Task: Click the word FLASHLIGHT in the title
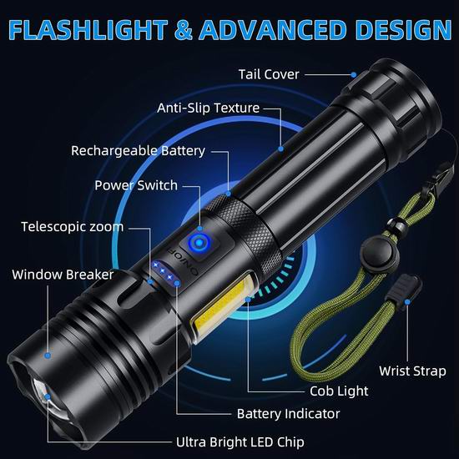tap(88, 30)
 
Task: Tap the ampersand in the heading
tap(184, 30)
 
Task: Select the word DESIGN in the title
tap(404, 30)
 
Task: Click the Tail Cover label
tap(269, 74)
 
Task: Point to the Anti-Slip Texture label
tap(208, 108)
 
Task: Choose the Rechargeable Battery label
tap(138, 151)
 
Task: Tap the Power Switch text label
tap(136, 185)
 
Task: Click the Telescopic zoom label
tap(73, 227)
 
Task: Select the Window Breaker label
tap(63, 275)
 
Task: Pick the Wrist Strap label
tap(412, 371)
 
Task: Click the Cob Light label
tap(339, 391)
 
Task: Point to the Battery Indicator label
tap(289, 414)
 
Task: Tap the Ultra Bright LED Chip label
tap(240, 442)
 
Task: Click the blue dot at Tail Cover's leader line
tap(354, 75)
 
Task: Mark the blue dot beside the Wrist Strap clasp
tap(407, 302)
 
